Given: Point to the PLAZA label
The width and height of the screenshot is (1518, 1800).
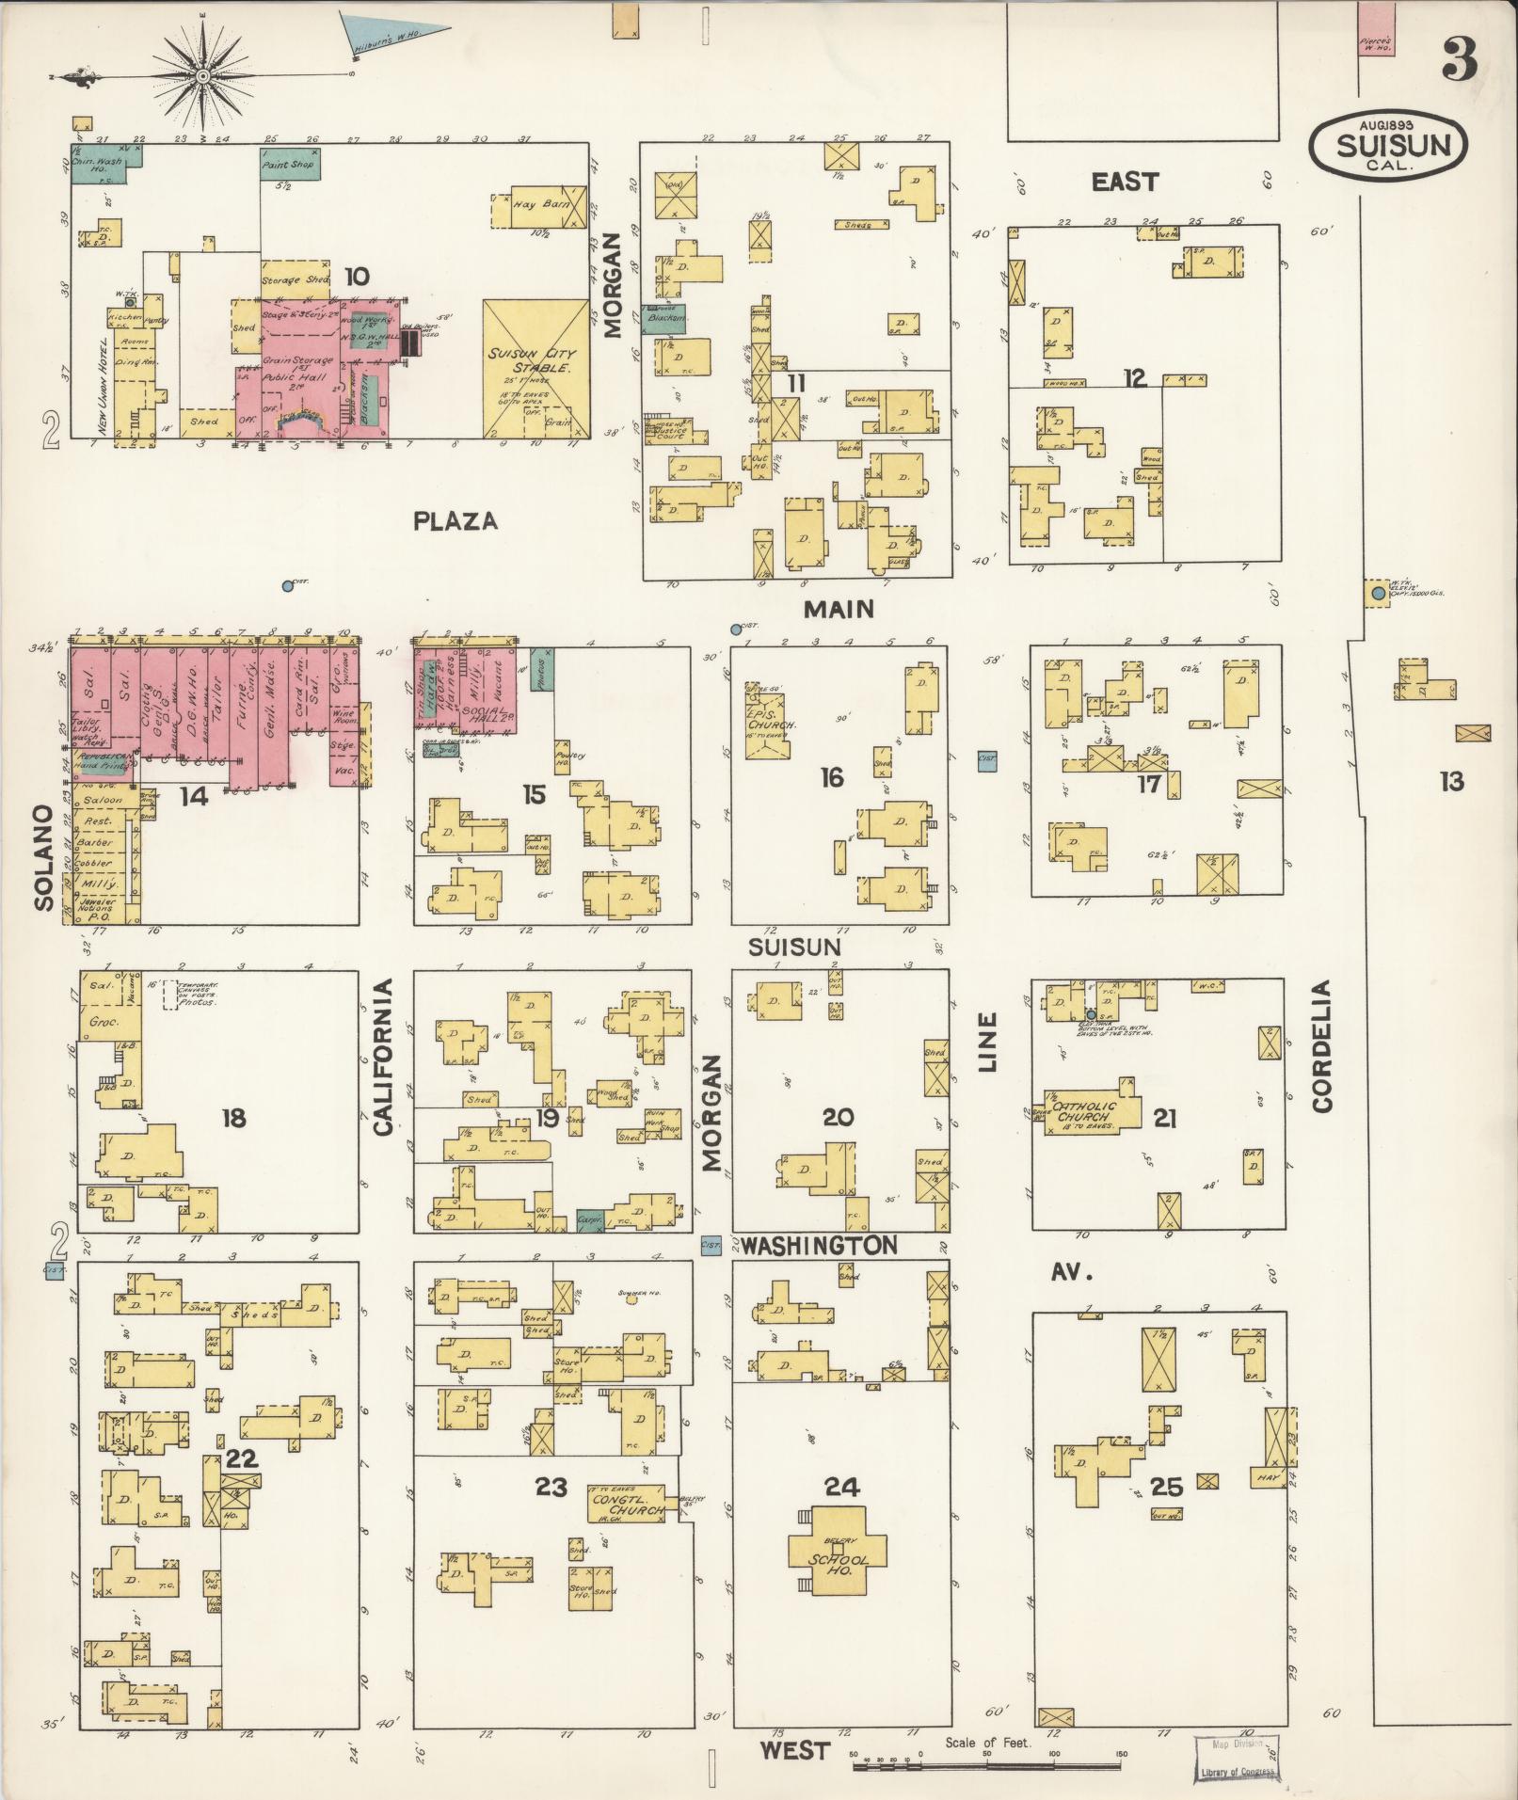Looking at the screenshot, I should click(455, 521).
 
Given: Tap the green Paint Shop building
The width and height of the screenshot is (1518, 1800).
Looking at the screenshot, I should click(289, 164).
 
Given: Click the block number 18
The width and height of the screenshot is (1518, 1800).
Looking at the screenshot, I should click(233, 1118).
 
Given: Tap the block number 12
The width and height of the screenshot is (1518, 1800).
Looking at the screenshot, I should click(1135, 378).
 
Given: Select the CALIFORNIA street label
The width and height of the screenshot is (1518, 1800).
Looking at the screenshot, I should click(383, 1056).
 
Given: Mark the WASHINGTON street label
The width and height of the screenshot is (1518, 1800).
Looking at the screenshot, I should click(818, 1246).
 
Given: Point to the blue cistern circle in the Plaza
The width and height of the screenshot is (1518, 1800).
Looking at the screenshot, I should click(287, 586).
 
